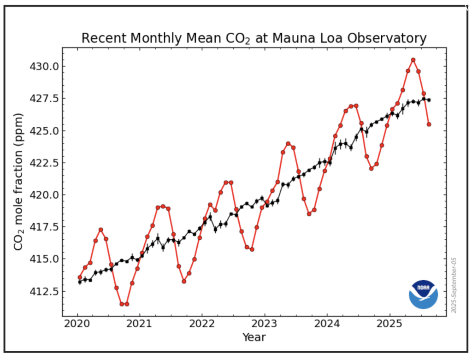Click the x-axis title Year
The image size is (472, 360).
(x=254, y=338)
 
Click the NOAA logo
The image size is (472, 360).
(x=423, y=294)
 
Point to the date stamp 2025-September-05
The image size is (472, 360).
(x=454, y=286)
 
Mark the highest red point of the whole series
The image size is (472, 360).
(x=413, y=60)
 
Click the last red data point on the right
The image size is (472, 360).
(x=429, y=124)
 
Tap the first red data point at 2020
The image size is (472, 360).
(x=80, y=277)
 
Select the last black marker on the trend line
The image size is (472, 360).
(x=429, y=100)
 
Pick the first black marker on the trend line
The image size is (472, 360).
(x=80, y=282)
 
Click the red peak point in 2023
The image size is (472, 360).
(x=288, y=143)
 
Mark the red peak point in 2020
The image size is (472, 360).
(x=100, y=230)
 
